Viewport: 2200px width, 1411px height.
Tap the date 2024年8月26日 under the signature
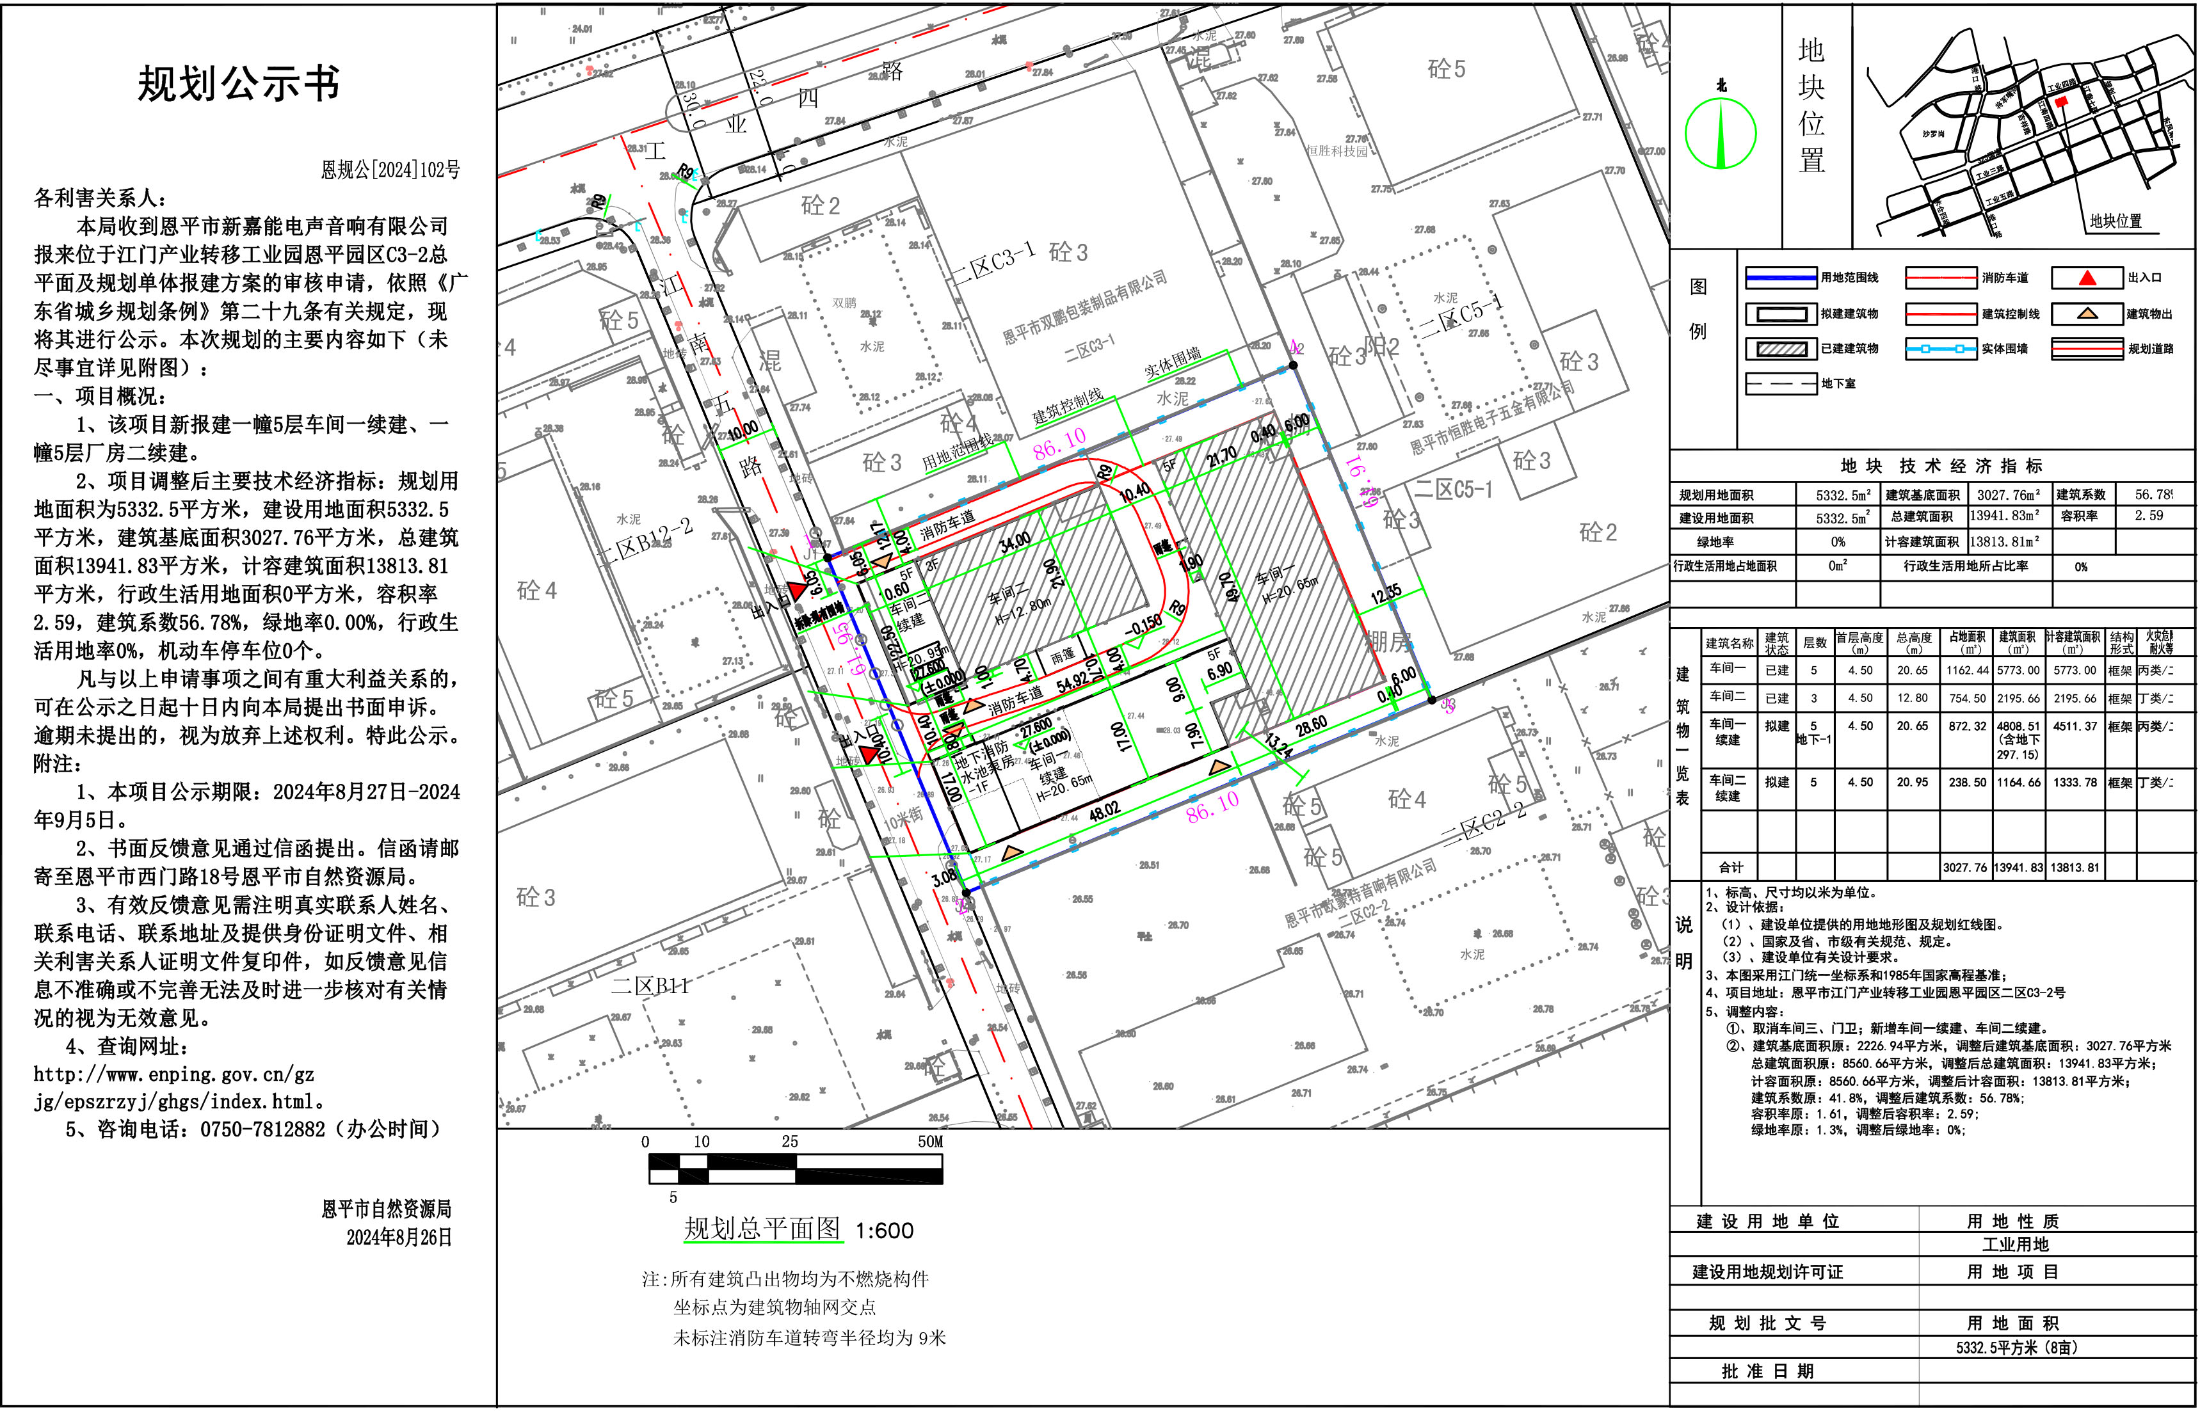[x=399, y=1237]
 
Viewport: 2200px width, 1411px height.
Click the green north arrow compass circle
[x=1720, y=134]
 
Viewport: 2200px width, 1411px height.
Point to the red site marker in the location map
[x=2062, y=102]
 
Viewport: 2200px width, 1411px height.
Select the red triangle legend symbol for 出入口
[x=2086, y=278]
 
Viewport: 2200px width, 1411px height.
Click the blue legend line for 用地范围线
[x=1780, y=278]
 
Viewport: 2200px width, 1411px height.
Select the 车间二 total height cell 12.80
[x=1913, y=698]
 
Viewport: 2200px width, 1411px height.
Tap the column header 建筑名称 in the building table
[x=1729, y=643]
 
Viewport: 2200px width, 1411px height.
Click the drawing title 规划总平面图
[x=762, y=1229]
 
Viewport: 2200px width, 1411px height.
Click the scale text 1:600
[x=884, y=1231]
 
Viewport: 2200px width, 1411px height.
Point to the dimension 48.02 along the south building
[x=1104, y=811]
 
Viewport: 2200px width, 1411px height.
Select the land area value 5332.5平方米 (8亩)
[x=2016, y=1348]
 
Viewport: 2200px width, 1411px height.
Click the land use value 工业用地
[x=2015, y=1244]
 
